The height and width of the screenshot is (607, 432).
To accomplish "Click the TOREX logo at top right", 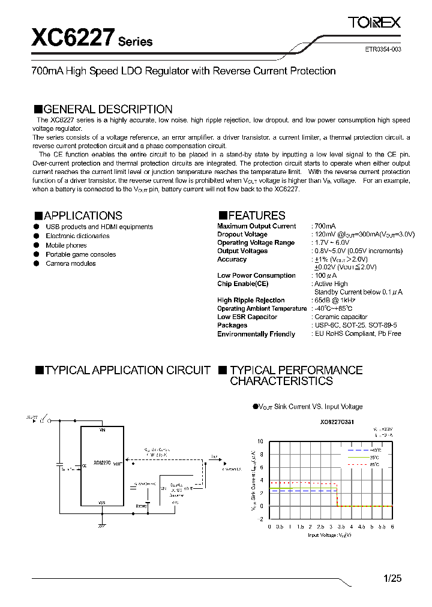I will [374, 23].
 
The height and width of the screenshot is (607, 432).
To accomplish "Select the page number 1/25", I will [392, 579].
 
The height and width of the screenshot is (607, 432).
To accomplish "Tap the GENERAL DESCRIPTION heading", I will [103, 109].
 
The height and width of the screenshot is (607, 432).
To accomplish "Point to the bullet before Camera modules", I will [36, 264].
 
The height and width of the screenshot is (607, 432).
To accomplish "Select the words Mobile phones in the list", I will [66, 245].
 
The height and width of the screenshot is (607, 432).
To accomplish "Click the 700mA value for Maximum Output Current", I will [326, 226].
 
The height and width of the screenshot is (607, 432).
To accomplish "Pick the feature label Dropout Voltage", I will [242, 235].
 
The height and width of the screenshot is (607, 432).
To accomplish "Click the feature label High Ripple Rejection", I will [251, 301].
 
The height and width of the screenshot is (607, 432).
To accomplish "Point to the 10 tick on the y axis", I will [260, 441].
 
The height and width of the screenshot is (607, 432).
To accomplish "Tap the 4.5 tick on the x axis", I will [361, 527].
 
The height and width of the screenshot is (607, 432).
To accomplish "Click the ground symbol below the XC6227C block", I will [102, 525].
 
